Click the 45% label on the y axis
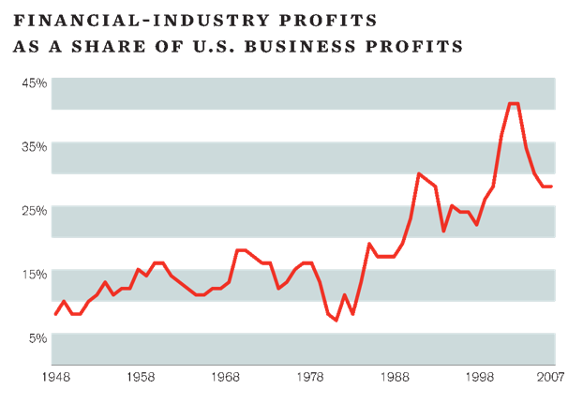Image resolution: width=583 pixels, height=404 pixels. (36, 82)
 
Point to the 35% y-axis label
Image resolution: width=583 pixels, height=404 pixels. (36, 146)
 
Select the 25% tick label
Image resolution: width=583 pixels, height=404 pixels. (36, 210)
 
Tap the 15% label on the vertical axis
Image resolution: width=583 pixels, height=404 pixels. (36, 274)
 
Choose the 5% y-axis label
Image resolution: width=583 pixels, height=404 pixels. (37, 337)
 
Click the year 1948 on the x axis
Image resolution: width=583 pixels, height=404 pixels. (55, 378)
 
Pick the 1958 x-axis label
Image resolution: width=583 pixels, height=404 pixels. (141, 378)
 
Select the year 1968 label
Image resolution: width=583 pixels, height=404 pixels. (226, 378)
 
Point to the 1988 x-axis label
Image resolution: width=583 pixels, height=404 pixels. (397, 378)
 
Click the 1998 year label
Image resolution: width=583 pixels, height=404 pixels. (483, 378)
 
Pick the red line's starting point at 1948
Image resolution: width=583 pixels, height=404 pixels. (55, 314)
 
